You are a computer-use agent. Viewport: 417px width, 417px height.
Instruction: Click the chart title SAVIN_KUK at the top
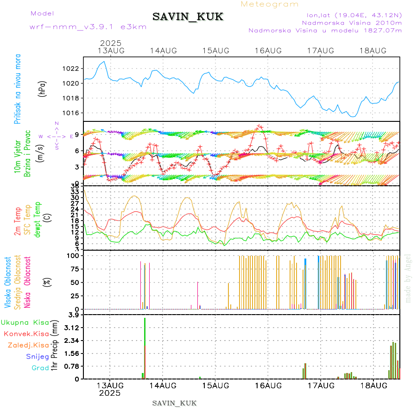click(188, 17)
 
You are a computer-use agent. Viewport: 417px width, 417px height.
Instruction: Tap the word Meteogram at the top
click(270, 4)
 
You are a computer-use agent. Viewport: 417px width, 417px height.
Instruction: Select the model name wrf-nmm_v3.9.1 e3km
click(88, 27)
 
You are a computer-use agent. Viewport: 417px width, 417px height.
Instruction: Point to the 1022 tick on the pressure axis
click(72, 69)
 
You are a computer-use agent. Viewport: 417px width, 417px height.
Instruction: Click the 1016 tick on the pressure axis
click(72, 113)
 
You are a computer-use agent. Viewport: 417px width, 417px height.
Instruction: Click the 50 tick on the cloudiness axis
click(75, 282)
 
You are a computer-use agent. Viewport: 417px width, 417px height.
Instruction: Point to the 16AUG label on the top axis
click(268, 51)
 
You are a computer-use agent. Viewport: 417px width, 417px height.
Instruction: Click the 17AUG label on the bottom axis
click(321, 385)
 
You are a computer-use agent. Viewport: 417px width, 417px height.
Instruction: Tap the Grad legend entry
click(40, 368)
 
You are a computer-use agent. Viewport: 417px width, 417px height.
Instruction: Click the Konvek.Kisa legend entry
click(26, 334)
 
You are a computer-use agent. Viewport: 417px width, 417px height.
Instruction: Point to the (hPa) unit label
click(43, 88)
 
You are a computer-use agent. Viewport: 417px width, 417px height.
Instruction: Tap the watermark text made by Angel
click(408, 278)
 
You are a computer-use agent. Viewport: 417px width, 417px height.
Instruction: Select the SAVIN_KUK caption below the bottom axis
click(175, 403)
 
